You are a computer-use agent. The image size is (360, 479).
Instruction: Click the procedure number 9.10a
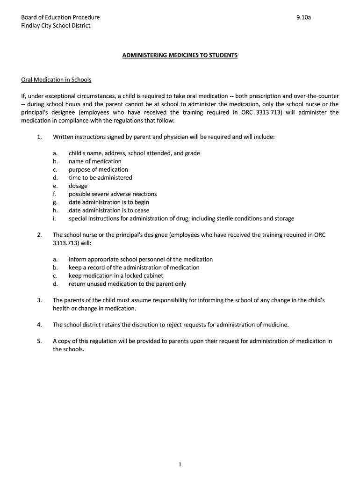click(x=303, y=17)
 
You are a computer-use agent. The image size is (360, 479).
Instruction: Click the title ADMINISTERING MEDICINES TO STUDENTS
click(x=180, y=55)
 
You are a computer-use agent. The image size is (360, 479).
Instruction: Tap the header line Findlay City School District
click(x=56, y=26)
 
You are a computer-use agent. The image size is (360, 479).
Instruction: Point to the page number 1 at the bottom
click(x=180, y=464)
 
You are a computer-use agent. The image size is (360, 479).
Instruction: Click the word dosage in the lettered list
click(x=78, y=186)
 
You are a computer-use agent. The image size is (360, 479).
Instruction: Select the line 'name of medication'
click(x=95, y=161)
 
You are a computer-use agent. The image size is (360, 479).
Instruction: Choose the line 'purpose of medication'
click(x=98, y=169)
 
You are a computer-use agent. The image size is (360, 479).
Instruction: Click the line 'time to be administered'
click(x=101, y=178)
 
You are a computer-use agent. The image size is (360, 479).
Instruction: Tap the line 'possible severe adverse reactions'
click(x=113, y=194)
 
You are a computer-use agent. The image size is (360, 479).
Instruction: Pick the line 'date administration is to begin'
click(x=109, y=202)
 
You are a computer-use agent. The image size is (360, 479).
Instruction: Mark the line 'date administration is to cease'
click(x=109, y=210)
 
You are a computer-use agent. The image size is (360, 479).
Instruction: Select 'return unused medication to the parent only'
click(x=127, y=284)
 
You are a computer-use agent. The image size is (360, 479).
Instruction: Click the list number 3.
click(x=39, y=300)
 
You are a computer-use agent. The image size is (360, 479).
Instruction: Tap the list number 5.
click(x=39, y=341)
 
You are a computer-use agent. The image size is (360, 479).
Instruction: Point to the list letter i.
click(x=54, y=218)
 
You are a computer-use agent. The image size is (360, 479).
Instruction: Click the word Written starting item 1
click(x=64, y=137)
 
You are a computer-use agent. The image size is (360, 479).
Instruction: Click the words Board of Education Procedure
click(x=60, y=17)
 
